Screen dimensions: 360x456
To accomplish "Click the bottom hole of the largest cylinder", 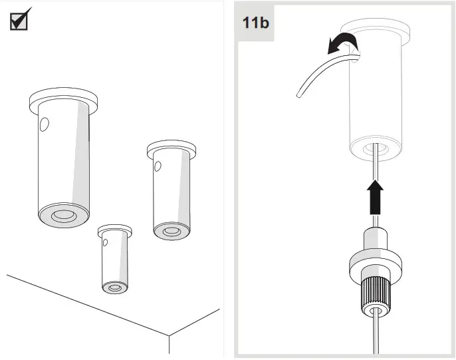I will click(64, 216).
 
